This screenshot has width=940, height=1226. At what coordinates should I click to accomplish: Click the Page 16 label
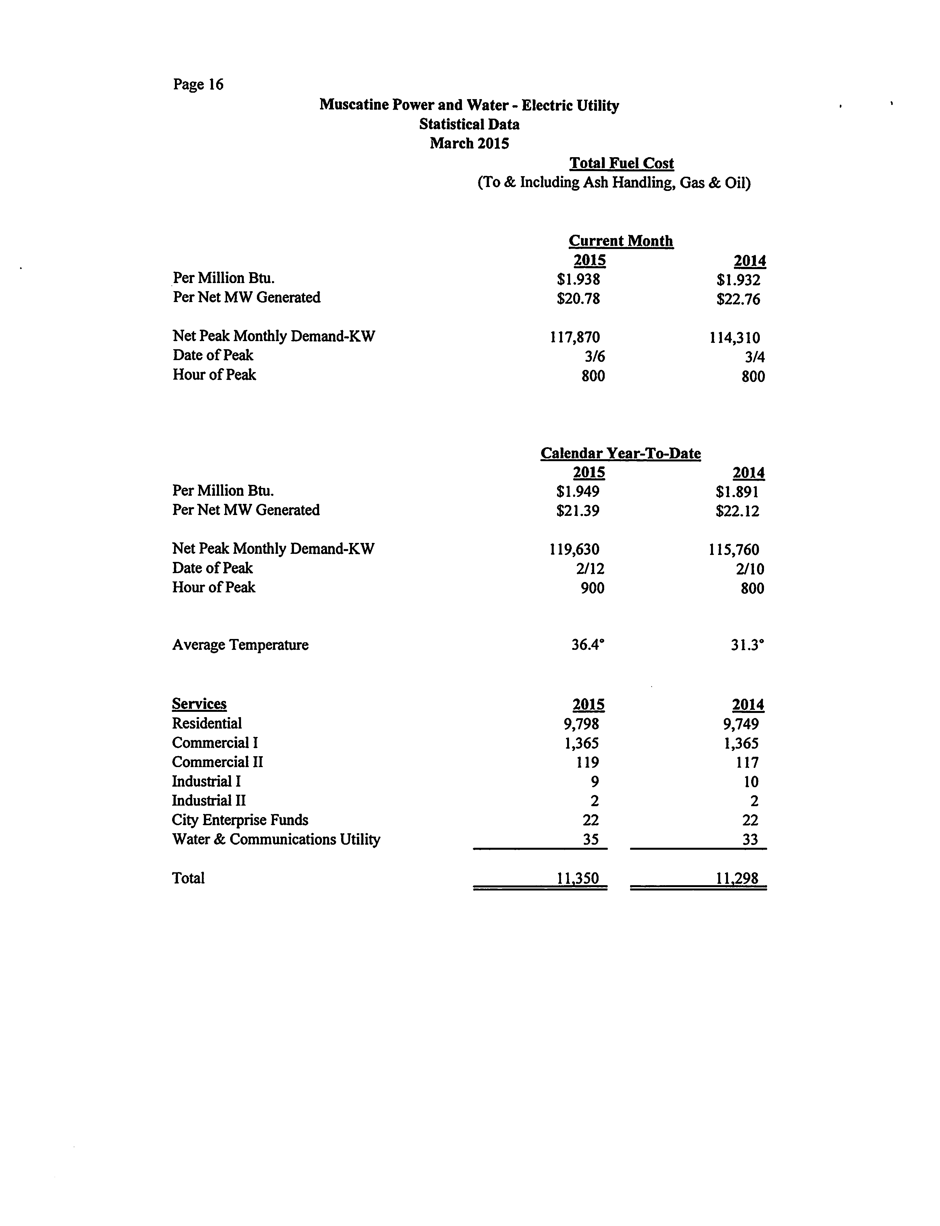198,85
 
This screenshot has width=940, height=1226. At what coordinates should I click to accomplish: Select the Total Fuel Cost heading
622,164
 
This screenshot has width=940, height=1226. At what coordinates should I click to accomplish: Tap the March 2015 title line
469,143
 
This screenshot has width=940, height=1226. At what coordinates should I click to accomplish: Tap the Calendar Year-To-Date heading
621,453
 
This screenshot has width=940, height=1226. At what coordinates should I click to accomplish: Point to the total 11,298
737,878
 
